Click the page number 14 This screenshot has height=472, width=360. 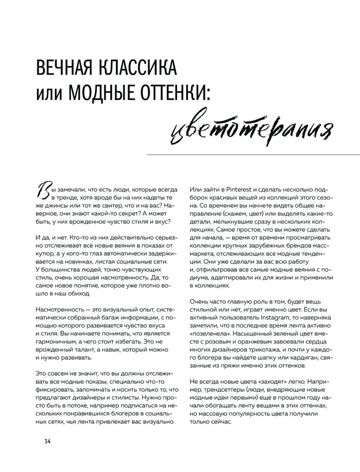pyautogui.click(x=47, y=441)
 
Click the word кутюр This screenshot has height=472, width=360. pyautogui.click(x=47, y=254)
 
